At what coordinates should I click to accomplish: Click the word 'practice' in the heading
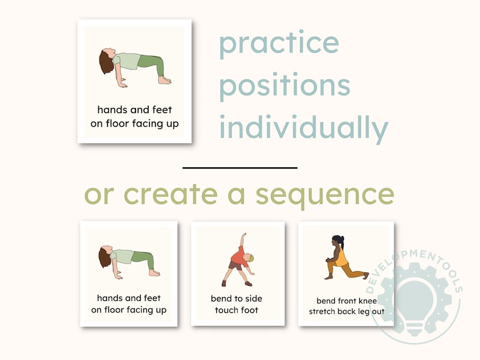tap(279, 44)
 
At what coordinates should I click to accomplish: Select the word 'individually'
tap(303, 128)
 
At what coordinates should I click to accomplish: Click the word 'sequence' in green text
tap(325, 194)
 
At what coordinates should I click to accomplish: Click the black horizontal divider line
tap(240, 167)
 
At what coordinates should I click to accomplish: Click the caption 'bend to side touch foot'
tap(236, 304)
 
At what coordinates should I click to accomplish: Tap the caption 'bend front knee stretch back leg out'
tap(346, 306)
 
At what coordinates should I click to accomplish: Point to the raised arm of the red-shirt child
tap(242, 242)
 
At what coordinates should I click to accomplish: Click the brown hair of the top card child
tap(106, 62)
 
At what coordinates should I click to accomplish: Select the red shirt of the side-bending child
tap(238, 257)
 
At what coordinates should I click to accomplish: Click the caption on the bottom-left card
tap(129, 304)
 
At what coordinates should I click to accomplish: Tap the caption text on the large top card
tap(135, 117)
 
